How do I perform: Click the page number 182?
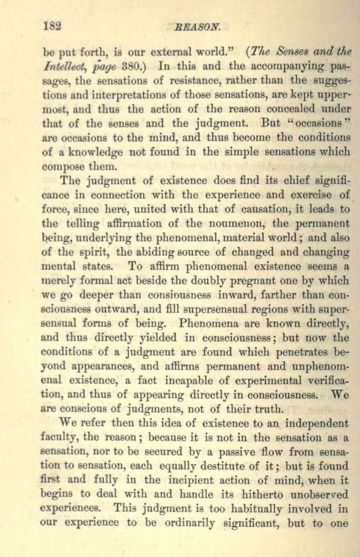click(53, 26)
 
